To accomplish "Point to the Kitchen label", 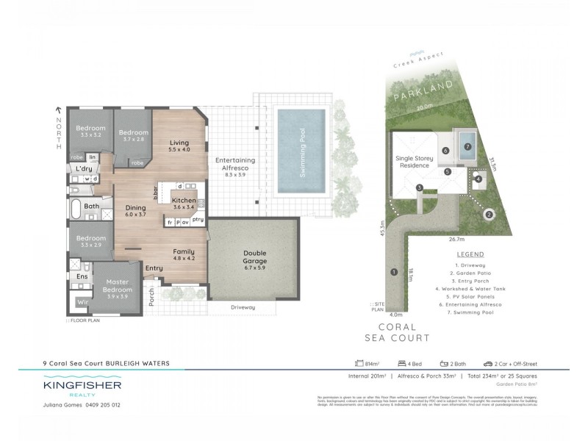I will click(x=184, y=200).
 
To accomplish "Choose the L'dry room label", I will click(x=84, y=169).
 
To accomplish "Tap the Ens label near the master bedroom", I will click(x=82, y=276).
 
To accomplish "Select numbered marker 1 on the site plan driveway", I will click(x=395, y=272).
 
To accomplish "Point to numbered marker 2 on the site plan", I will click(x=489, y=215).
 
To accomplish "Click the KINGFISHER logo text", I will click(x=81, y=384).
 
